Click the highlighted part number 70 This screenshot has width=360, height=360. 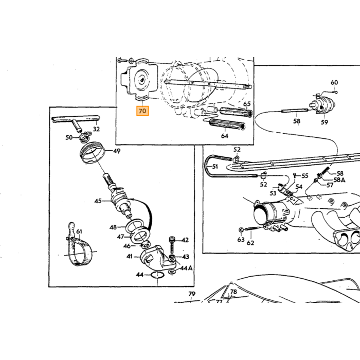click(x=142, y=111)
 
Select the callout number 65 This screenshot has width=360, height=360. click(x=247, y=104)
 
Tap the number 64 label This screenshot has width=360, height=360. click(x=225, y=136)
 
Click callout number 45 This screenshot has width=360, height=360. click(x=98, y=201)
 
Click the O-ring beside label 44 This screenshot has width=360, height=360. click(x=157, y=275)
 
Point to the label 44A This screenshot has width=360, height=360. click(x=186, y=268)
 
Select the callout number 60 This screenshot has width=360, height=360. click(x=334, y=82)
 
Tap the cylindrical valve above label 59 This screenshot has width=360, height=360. click(x=322, y=105)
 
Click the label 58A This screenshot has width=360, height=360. click(x=339, y=180)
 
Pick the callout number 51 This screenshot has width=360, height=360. click(x=215, y=166)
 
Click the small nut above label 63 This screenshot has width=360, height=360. click(x=241, y=229)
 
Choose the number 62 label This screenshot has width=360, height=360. click(x=250, y=243)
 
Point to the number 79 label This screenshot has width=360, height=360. click(x=192, y=294)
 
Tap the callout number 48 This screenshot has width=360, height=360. click(x=113, y=227)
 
